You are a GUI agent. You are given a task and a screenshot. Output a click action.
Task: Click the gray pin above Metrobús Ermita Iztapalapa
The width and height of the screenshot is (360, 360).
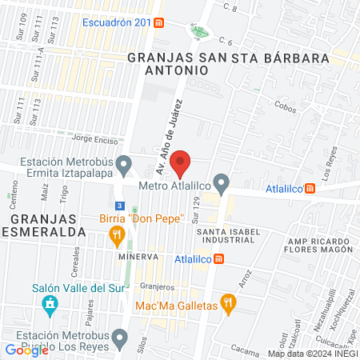123,166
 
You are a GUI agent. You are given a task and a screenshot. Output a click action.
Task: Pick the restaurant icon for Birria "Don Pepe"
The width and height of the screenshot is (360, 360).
117,234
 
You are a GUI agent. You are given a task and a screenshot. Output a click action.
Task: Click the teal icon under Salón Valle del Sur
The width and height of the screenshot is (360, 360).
50,306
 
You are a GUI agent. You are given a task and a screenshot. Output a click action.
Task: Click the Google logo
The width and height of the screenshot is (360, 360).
26,350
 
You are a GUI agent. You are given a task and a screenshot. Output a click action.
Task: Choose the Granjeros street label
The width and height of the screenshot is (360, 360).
157,286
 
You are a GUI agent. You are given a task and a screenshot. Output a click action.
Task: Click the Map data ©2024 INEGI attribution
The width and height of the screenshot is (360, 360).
312,354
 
